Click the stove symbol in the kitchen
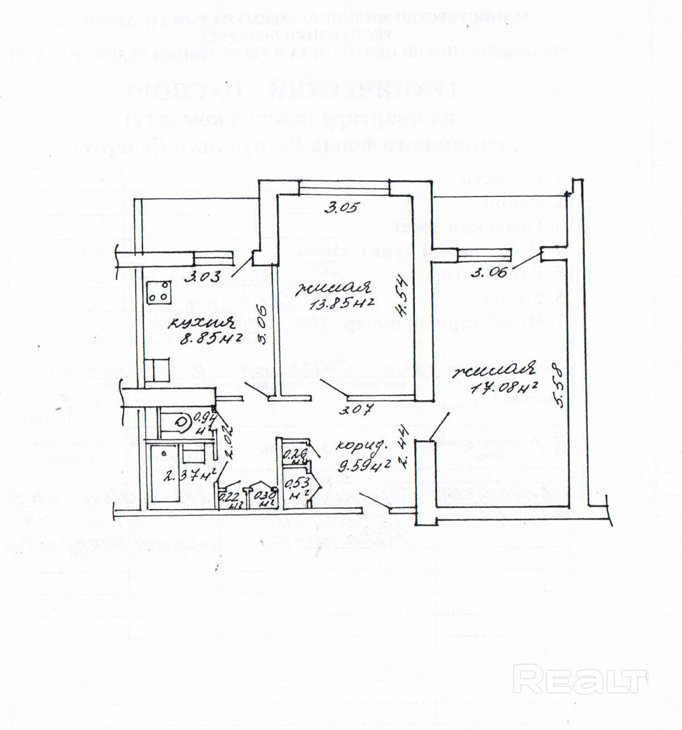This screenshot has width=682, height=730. tap(159, 292)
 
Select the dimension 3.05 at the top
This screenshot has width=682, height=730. tap(342, 208)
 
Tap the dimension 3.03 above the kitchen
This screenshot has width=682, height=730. tap(203, 275)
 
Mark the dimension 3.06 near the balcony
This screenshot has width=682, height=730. tap(489, 272)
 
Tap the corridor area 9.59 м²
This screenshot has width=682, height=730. tap(364, 464)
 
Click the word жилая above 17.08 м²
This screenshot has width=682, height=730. tap(493, 369)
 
